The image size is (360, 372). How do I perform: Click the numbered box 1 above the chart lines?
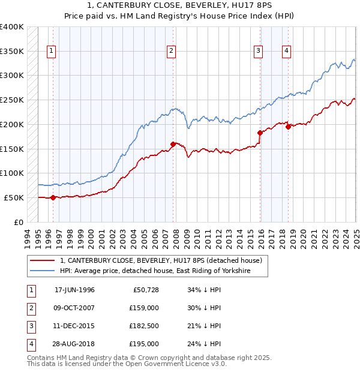(52, 51)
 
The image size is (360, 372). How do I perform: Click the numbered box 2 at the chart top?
(172, 51)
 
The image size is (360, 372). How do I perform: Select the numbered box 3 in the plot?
(258, 51)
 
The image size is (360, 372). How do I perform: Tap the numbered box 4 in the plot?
(287, 51)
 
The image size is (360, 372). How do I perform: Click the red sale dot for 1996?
(53, 197)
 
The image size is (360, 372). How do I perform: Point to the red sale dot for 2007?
(173, 144)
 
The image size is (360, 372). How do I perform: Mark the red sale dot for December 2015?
(260, 133)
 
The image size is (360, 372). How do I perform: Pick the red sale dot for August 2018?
(289, 127)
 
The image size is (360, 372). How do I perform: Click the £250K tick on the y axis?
(13, 100)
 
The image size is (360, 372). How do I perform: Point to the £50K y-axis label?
(15, 197)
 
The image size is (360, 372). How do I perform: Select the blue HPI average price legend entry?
(154, 271)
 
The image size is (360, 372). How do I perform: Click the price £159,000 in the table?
(143, 307)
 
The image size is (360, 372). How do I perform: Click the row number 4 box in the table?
(31, 344)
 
